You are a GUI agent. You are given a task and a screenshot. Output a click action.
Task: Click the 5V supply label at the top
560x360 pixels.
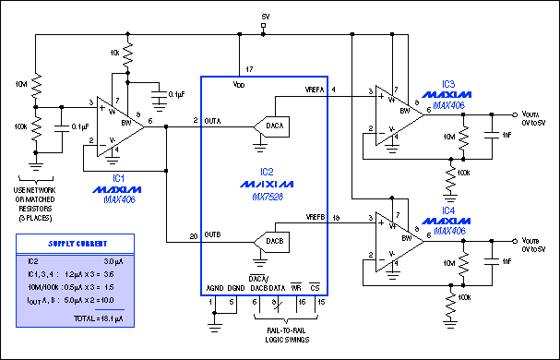click(266, 17)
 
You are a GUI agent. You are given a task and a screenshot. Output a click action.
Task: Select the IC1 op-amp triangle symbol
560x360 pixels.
click(121, 121)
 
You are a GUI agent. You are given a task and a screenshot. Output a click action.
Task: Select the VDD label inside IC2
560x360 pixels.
click(240, 84)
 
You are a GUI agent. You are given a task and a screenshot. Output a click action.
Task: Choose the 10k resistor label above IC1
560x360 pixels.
click(113, 54)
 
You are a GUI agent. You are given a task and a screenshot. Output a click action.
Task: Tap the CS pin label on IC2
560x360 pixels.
click(316, 288)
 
